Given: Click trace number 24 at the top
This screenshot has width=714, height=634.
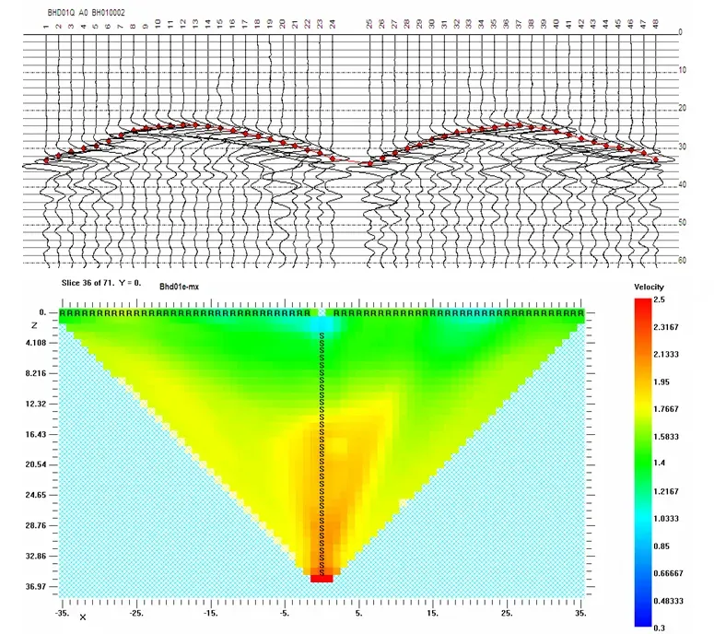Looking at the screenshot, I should coord(332,22).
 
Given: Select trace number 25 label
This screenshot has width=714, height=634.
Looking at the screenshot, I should coord(369,22).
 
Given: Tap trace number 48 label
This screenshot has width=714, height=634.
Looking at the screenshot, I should coord(655,22).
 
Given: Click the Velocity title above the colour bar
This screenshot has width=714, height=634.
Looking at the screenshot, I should coord(649,288).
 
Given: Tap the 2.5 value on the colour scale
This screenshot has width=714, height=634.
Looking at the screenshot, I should coord(658,300).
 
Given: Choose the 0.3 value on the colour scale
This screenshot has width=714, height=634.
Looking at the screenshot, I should coord(658,627).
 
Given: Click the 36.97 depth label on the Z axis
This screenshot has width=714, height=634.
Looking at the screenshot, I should coord(34,586).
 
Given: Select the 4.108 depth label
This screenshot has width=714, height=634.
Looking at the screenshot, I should coord(34,343).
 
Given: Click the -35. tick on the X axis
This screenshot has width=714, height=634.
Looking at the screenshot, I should coord(63,612).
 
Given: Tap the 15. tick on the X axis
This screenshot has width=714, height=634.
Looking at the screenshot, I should coord(432,612).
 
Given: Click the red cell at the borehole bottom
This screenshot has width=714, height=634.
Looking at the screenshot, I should coord(322,579).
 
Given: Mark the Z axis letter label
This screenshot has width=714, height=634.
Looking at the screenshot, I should coord(33,325).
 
